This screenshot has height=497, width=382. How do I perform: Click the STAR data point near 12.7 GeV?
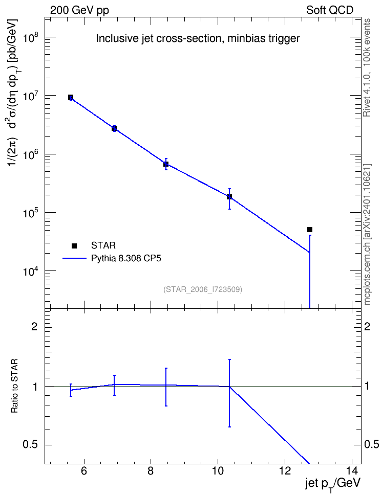310,230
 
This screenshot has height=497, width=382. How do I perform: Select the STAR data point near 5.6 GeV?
71,97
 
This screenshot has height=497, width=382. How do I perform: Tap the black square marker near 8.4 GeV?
166,164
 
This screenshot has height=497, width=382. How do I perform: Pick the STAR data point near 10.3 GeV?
229,197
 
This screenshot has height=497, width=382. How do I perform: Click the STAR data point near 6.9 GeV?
114,128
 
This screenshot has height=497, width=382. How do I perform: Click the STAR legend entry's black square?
74,245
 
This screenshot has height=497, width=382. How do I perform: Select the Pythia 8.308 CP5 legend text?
126,258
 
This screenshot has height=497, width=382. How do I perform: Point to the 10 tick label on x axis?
218,471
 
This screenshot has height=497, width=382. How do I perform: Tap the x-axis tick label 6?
84,471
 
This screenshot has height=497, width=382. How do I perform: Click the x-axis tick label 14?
352,471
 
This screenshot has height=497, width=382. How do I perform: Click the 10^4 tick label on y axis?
31,270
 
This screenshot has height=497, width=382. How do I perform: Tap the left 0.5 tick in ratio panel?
30,445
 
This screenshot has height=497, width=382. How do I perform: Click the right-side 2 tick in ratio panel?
367,326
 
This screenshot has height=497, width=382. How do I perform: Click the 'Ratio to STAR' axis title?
15,386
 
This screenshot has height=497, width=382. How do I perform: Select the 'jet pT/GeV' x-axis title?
333,484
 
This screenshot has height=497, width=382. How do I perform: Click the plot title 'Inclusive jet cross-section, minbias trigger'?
198,38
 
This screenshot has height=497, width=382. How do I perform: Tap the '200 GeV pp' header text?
79,10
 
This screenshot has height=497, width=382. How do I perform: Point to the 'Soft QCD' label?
330,10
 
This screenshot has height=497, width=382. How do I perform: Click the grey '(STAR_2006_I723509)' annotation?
203,289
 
